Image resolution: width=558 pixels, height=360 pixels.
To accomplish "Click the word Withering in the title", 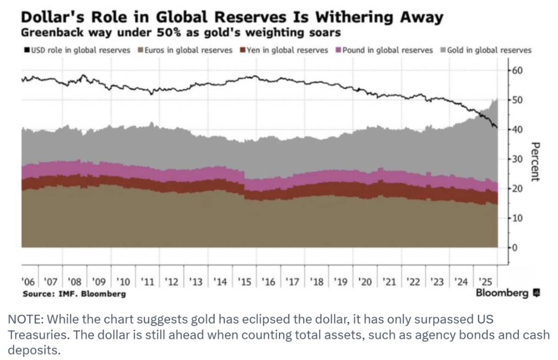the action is tap(354, 17).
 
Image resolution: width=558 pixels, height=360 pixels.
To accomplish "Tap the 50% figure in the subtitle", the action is tap(168, 33).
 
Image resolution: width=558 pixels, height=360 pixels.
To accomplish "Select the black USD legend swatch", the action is tap(27, 50).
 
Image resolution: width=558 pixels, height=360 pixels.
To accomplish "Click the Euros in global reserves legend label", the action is tap(188, 50).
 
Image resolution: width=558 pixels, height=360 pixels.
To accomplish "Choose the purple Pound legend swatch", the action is tap(339, 50).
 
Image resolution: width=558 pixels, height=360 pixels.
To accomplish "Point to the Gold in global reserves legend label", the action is tap(489, 50).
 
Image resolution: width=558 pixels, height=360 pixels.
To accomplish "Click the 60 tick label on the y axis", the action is tap(517, 71).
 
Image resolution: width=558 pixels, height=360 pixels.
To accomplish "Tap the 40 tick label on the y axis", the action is tap(517, 130).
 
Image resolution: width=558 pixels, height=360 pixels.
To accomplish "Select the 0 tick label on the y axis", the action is tap(515, 247).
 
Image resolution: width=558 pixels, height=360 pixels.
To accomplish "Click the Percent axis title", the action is tap(535, 162).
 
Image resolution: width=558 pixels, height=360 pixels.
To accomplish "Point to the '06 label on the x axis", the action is tap(28, 282).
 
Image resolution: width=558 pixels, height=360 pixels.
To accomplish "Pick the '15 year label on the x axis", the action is tap(245, 282).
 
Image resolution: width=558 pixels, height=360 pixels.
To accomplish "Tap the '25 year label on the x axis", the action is tap(486, 282).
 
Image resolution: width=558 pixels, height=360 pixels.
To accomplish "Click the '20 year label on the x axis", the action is tap(365, 282).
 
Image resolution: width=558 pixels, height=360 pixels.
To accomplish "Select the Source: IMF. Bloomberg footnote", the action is tap(74, 294).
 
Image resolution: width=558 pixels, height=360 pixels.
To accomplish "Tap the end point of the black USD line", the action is tap(497, 128).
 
